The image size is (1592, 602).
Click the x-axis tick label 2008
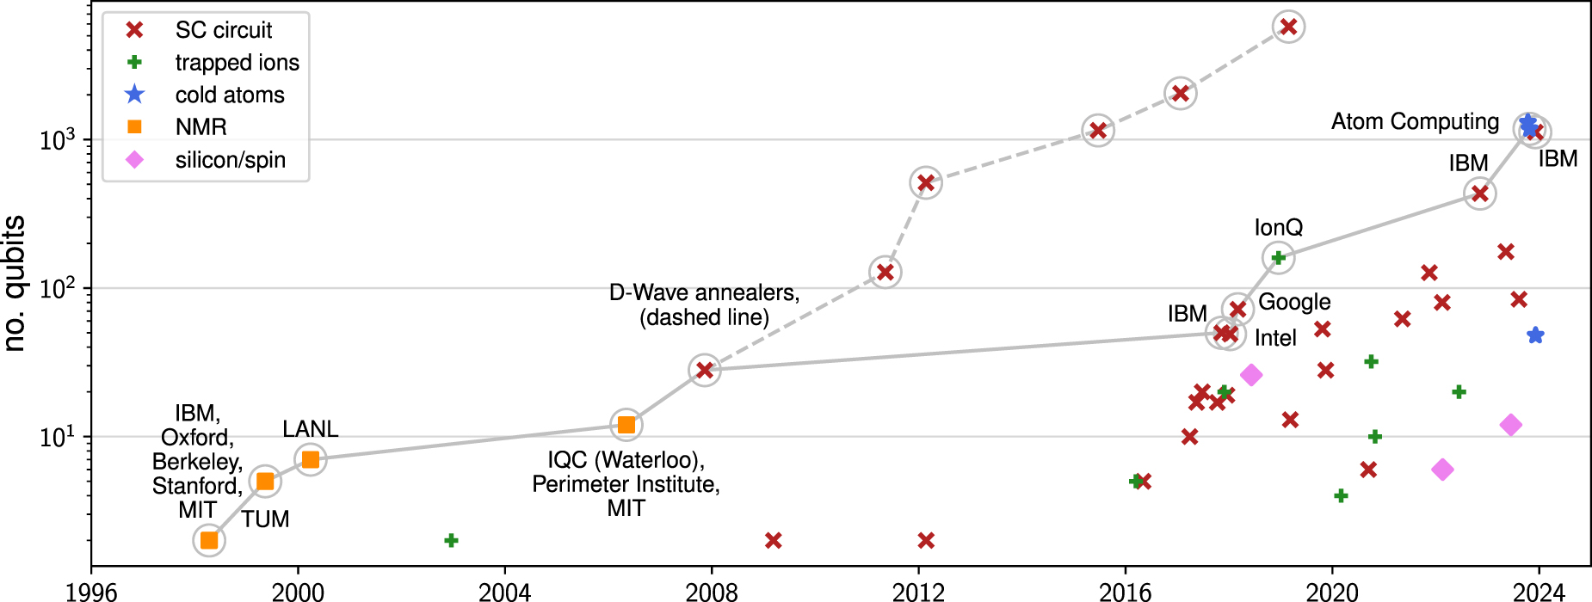(x=712, y=592)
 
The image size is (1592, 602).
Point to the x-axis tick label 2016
(x=1125, y=592)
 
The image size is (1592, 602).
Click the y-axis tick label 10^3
(x=59, y=140)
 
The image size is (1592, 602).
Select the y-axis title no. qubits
(x=15, y=284)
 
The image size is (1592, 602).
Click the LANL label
(x=310, y=428)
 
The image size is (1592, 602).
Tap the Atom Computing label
(x=1415, y=122)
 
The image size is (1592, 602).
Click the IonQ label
(x=1278, y=228)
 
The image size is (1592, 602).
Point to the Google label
(x=1294, y=302)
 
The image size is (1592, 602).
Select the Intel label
(x=1275, y=338)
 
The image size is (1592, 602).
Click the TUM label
(x=265, y=519)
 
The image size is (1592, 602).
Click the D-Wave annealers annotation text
(x=704, y=304)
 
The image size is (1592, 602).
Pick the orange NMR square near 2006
(x=626, y=425)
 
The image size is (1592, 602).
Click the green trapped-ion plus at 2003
(x=451, y=540)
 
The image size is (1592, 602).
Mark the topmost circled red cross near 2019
(x=1288, y=27)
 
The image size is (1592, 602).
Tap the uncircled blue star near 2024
(x=1535, y=335)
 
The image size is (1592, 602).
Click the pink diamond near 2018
(x=1251, y=374)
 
